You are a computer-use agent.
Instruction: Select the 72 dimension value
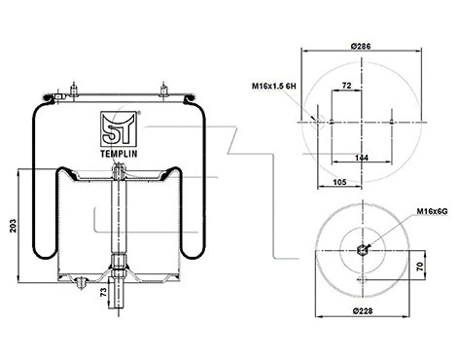[x=346, y=88]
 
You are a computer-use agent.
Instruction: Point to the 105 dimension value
[x=340, y=182]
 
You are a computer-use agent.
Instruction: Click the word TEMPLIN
[x=119, y=152]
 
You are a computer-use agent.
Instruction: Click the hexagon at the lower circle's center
[x=362, y=251]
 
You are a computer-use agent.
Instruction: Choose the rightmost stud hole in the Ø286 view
[x=390, y=122]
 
